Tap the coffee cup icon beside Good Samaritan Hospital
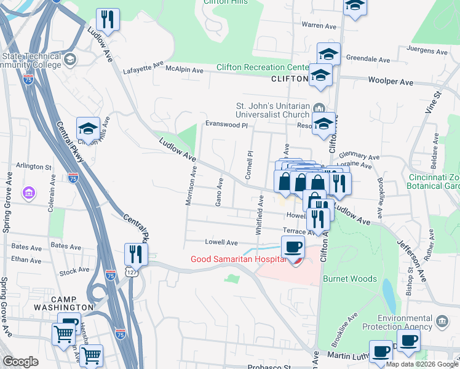[x=293, y=248]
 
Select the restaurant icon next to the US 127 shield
[x=135, y=254]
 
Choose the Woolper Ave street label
[x=391, y=81]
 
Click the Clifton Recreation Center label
[x=262, y=67]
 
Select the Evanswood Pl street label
[x=226, y=125]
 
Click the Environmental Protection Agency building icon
[x=442, y=321]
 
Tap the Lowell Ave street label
[x=224, y=242]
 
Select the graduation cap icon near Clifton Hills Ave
[x=88, y=129]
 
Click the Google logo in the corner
[x=20, y=362]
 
